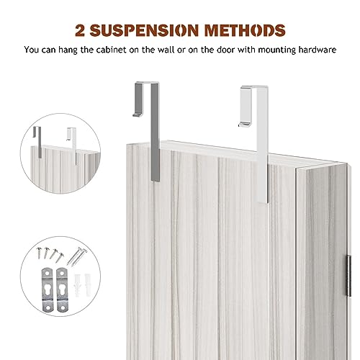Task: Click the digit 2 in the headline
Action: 80,30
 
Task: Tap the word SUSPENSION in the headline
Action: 144,30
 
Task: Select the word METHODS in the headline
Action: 245,30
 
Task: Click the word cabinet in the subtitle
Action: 111,50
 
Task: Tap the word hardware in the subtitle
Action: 318,50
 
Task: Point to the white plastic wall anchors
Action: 81,285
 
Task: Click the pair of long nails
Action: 77,256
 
